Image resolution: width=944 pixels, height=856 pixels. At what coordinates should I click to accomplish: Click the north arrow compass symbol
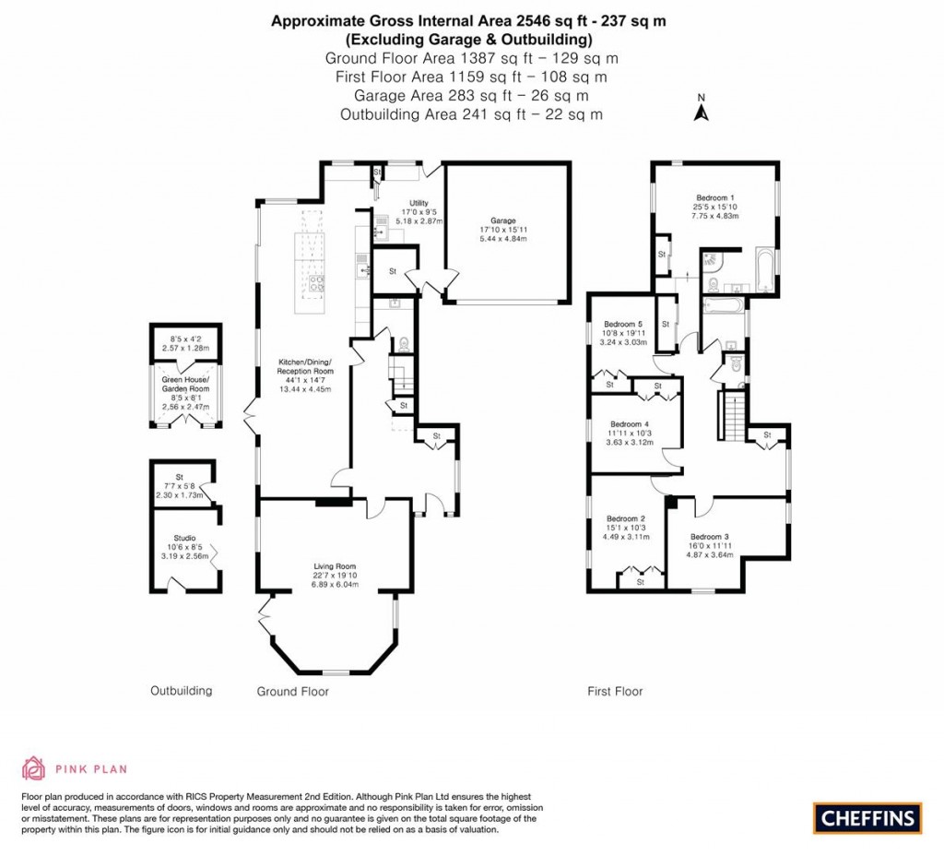(700, 112)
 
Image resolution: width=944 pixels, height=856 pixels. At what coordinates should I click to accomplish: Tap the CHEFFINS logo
(867, 817)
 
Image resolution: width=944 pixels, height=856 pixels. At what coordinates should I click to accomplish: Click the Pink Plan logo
(74, 767)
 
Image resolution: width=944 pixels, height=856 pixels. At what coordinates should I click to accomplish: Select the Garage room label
(502, 221)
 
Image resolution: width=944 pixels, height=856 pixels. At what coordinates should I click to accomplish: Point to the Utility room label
(419, 203)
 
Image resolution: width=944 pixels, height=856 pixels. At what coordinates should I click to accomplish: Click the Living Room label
(333, 567)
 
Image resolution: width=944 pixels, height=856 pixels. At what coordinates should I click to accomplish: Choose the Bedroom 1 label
(715, 198)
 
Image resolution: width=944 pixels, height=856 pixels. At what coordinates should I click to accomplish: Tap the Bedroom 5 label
(623, 325)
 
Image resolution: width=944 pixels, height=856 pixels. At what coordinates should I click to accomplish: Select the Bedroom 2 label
(623, 519)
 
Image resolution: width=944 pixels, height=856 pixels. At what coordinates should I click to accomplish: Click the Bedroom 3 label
(710, 537)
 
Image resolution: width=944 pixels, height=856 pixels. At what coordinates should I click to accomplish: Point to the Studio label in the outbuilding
(184, 539)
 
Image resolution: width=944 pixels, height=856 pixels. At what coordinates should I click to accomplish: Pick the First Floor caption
(615, 691)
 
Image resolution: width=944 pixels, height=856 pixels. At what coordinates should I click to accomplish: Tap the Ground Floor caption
(291, 691)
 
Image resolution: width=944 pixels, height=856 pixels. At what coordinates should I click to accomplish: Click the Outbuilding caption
(182, 690)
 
